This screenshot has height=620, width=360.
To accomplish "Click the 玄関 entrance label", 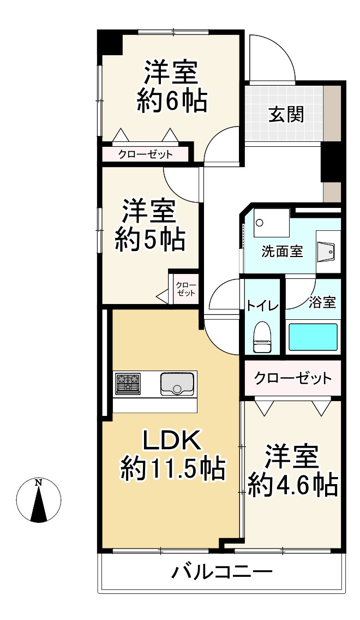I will (286, 115).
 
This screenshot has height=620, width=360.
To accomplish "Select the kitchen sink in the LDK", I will (177, 384).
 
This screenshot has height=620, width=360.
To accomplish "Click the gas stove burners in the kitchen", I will (127, 383).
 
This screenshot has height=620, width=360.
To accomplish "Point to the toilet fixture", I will (262, 338).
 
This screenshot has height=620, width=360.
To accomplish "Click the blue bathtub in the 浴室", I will (313, 337).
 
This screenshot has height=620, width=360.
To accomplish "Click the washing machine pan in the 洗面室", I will (271, 222).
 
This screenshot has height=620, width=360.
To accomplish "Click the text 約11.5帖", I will (172, 468).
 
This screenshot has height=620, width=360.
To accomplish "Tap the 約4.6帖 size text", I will (292, 484).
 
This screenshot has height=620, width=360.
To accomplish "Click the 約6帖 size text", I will (171, 101).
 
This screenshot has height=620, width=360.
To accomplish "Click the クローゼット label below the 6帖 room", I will (146, 154).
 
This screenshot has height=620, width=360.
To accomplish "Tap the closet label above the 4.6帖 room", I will (292, 378).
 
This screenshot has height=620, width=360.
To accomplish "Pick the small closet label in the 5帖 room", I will (185, 289).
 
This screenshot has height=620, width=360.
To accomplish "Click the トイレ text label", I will (262, 305).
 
